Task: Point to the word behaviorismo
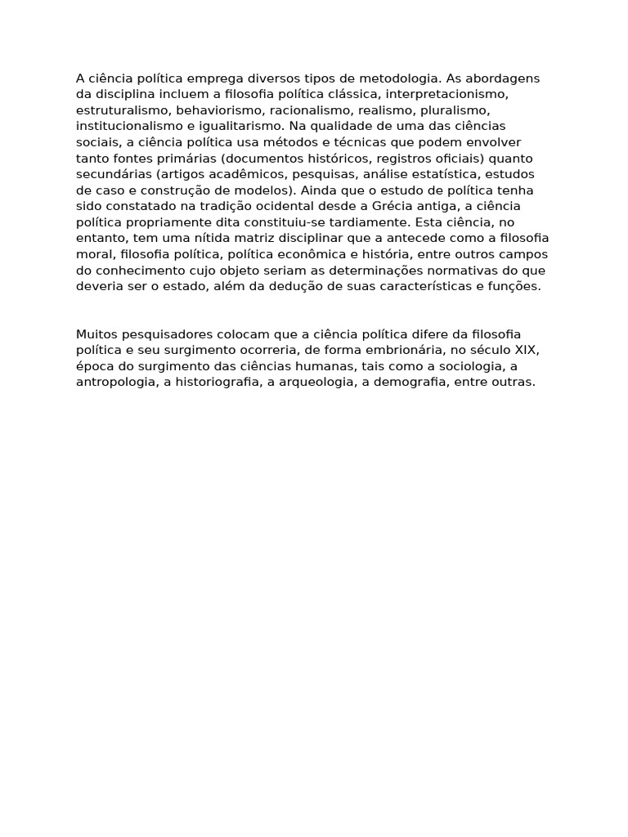[x=213, y=110]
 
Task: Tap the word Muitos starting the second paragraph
[x=96, y=334]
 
